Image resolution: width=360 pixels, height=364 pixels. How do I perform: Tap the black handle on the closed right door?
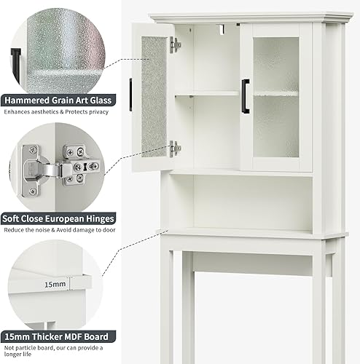(246, 96)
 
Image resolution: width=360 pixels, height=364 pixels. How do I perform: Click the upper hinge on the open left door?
(175, 45)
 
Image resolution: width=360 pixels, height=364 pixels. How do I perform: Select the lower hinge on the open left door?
(175, 149)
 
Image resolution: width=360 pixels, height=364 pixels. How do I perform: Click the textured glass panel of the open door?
(154, 96)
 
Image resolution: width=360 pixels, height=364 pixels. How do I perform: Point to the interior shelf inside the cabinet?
(208, 92)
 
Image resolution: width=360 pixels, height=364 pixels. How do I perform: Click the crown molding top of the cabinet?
(240, 17)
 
